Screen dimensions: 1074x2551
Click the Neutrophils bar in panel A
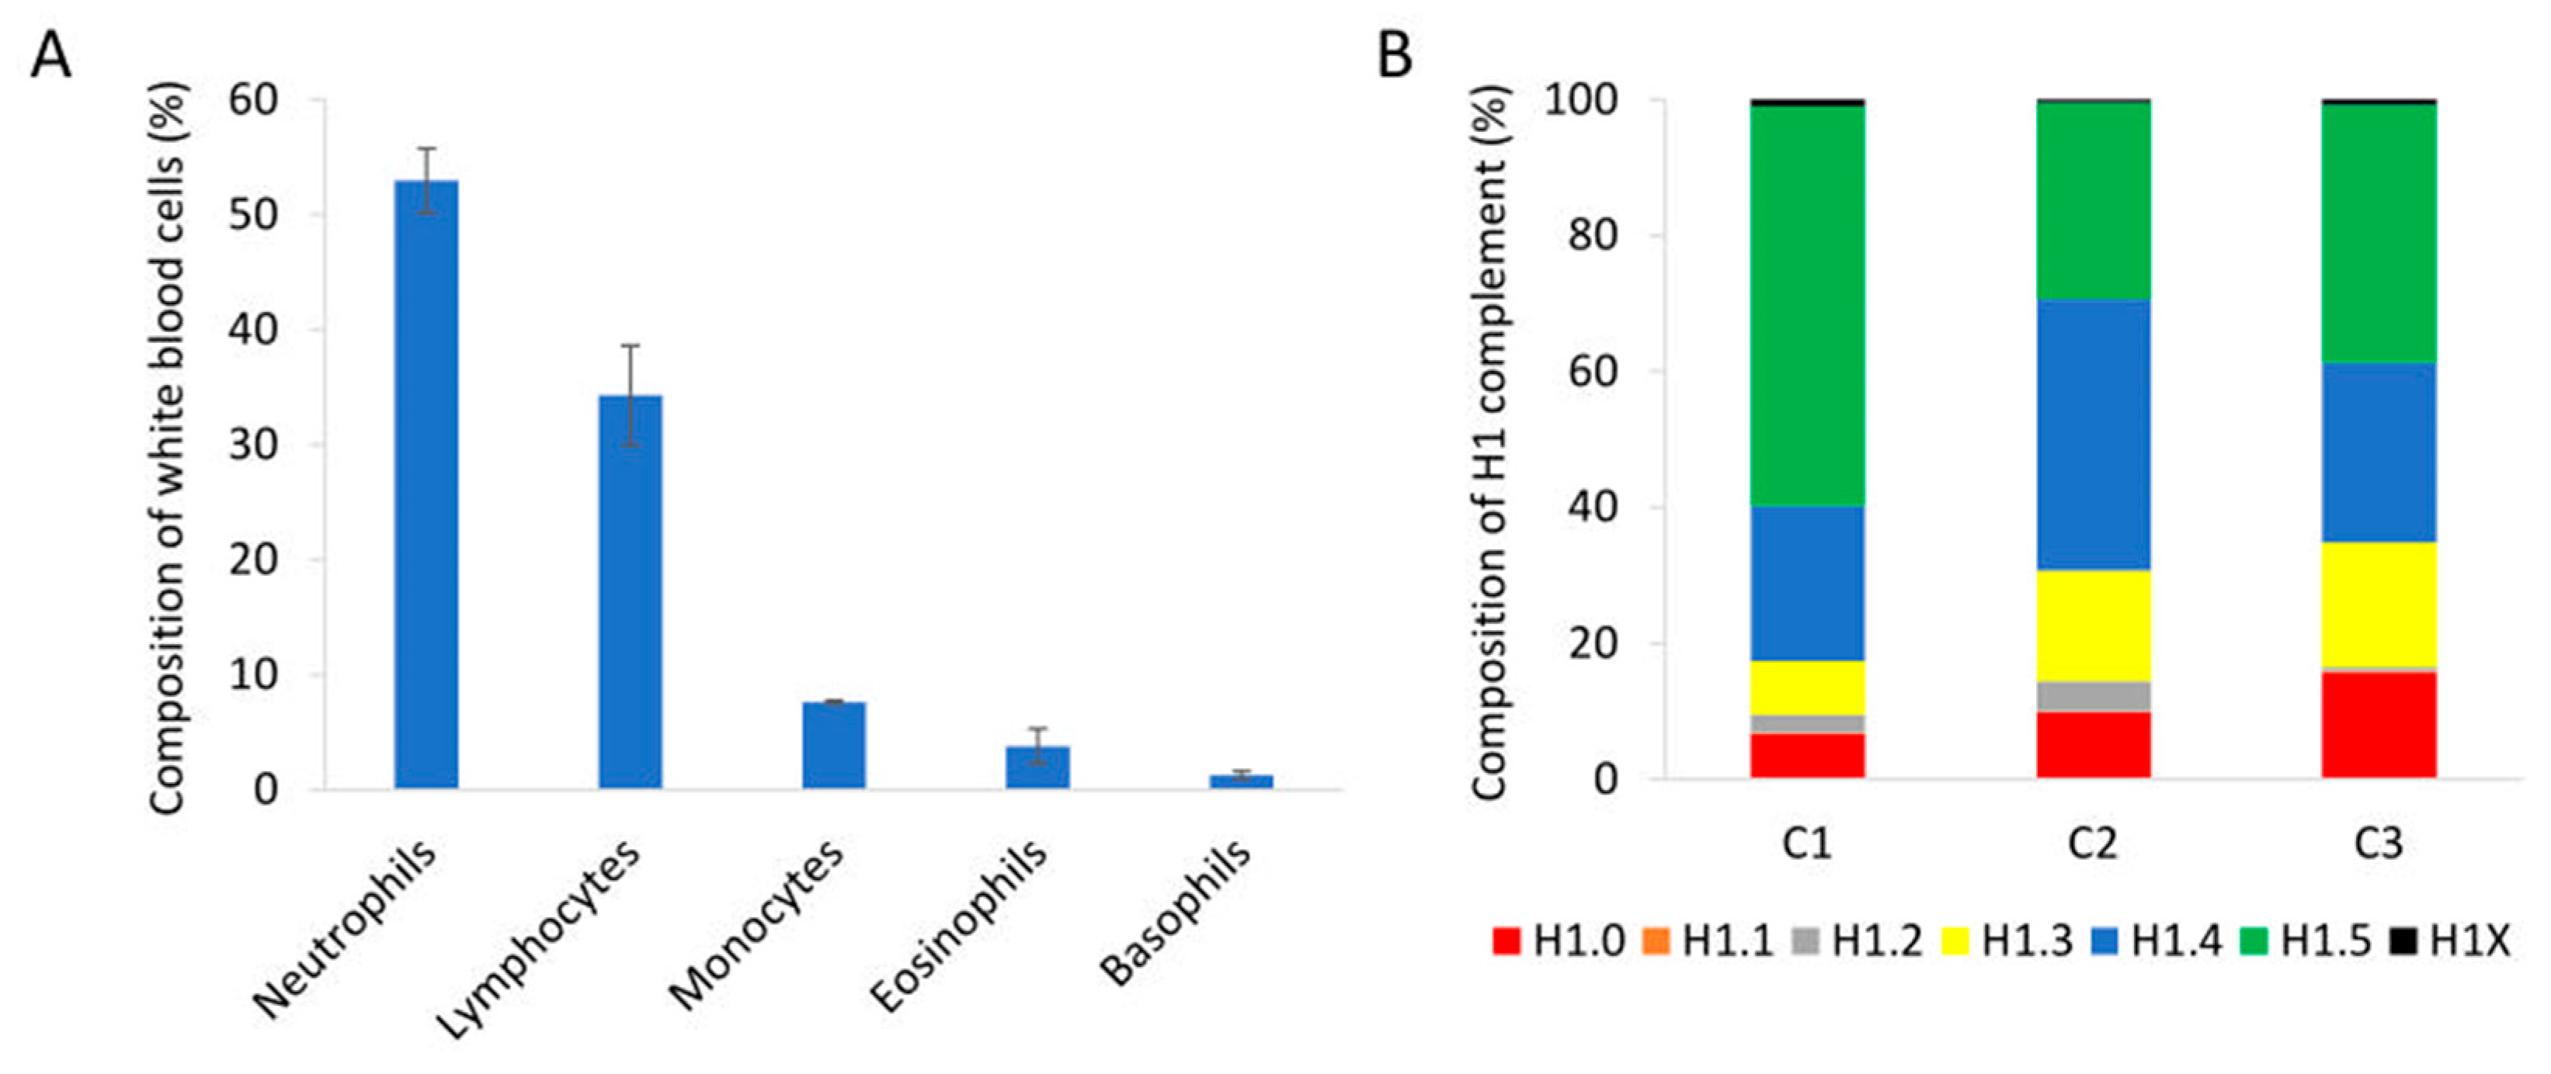[426, 485]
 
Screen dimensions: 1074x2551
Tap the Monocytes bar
[834, 744]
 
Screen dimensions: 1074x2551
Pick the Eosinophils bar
[1037, 767]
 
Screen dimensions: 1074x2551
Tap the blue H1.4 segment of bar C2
[2094, 435]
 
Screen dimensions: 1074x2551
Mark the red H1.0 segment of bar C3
[2379, 726]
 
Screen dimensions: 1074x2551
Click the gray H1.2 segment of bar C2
[2094, 696]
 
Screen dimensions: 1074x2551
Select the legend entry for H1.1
[1708, 941]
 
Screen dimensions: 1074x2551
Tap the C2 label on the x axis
[2094, 844]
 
